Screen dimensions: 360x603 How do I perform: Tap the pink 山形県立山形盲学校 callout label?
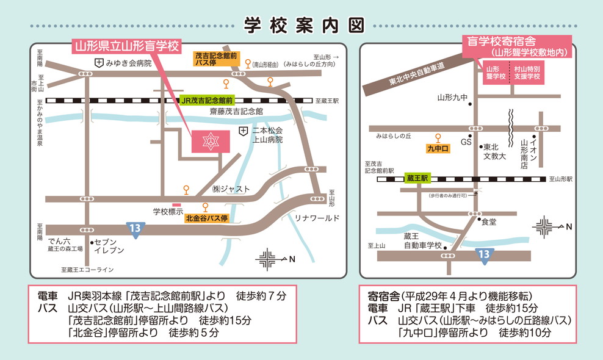pos(126,46)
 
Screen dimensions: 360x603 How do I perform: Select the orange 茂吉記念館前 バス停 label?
pos(214,59)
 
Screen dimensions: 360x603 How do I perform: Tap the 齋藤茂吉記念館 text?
pos(236,112)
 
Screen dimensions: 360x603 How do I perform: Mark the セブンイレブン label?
pos(110,246)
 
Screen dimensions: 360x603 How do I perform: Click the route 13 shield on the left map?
pos(136,228)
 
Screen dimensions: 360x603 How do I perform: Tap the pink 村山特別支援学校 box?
pos(527,73)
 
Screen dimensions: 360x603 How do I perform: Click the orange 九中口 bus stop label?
pos(438,148)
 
